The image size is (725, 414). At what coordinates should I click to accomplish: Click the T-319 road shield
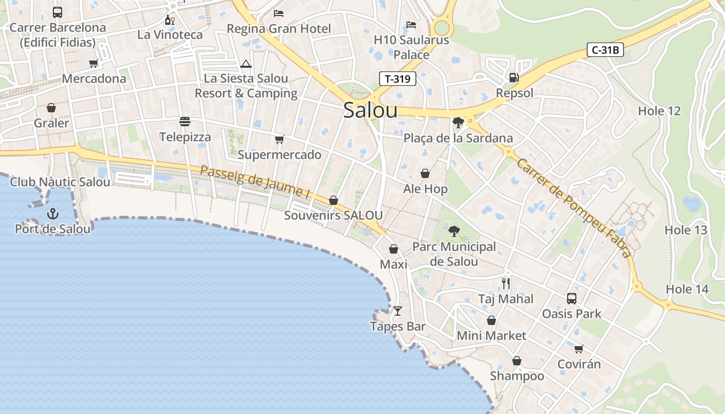tap(398, 79)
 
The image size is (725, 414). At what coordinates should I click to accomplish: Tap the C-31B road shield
tap(605, 50)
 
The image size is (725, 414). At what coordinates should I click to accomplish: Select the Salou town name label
tap(370, 110)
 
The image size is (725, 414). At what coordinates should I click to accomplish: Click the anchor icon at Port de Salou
tap(52, 213)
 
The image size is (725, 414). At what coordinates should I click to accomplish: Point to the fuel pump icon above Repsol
tap(514, 78)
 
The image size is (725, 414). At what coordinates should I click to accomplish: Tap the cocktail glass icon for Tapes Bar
tap(398, 311)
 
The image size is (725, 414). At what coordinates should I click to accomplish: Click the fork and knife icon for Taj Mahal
tap(506, 284)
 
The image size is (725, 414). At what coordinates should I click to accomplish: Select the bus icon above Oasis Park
tap(572, 299)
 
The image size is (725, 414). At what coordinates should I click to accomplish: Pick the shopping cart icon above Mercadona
tap(94, 64)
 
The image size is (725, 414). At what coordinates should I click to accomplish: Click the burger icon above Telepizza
tap(185, 122)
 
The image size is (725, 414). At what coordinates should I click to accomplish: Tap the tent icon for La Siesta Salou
tap(246, 64)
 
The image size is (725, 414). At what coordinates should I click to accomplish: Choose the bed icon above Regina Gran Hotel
tap(279, 13)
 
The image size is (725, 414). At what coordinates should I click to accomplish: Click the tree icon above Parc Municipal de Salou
tap(454, 231)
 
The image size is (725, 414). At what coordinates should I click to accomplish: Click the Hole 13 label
tap(686, 230)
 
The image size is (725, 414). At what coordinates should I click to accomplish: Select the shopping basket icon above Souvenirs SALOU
tap(334, 200)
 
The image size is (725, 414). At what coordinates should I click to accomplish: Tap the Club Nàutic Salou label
tap(60, 182)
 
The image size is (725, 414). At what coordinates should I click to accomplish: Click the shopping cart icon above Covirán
tap(578, 349)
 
